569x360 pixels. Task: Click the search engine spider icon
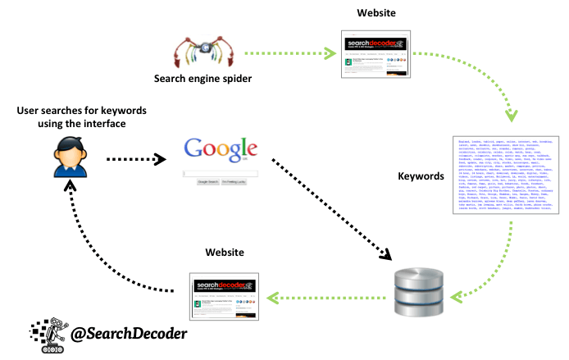(x=201, y=53)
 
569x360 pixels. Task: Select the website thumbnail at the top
(x=375, y=54)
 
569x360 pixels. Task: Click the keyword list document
(x=498, y=177)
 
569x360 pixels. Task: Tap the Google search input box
(x=220, y=174)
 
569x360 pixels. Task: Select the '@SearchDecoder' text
(x=129, y=334)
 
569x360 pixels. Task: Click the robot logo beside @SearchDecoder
(x=48, y=335)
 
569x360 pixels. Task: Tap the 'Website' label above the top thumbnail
(x=375, y=14)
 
